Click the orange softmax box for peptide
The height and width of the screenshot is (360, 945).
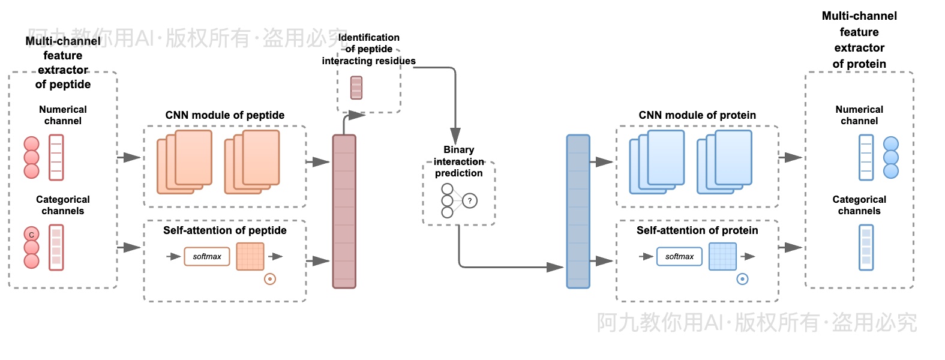pos(207,256)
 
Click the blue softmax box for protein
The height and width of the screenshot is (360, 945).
pos(679,256)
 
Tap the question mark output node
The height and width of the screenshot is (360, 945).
pos(470,201)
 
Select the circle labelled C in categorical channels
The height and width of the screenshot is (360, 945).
pos(31,235)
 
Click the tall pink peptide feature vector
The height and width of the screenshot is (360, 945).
pos(344,211)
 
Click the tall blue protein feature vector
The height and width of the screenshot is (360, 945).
pos(578,211)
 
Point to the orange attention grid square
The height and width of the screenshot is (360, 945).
pos(250,256)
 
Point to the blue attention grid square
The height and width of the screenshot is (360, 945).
pos(722,256)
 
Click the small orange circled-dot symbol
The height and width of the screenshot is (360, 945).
pos(270,279)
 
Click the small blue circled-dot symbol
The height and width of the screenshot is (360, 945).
pos(742,279)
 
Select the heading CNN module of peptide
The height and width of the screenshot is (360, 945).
pos(225,115)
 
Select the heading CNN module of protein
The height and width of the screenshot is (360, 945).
pos(697,115)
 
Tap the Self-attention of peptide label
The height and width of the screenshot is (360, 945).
pos(225,230)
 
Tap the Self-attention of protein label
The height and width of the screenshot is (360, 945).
pos(697,230)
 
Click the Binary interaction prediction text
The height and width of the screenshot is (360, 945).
pos(459,161)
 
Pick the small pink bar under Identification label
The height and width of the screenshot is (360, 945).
pos(356,88)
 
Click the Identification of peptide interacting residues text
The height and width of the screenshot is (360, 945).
pos(368,49)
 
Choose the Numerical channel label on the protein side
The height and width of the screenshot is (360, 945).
pos(859,115)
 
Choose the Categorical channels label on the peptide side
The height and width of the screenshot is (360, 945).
pos(63,205)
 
